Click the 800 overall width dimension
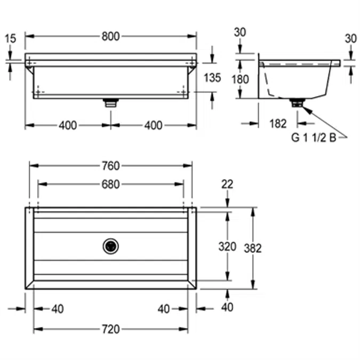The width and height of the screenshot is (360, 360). (110, 36)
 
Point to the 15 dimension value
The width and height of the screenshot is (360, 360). (10, 38)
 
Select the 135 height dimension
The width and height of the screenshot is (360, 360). (212, 78)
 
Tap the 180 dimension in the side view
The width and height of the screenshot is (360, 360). (240, 79)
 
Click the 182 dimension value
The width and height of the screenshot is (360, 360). (278, 124)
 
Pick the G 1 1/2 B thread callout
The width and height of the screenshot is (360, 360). (313, 137)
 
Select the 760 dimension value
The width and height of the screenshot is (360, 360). (110, 165)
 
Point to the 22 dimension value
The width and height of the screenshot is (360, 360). (227, 185)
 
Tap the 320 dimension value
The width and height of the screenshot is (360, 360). (228, 246)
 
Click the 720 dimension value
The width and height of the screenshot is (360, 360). (110, 329)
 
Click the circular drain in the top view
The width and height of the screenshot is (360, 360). (110, 246)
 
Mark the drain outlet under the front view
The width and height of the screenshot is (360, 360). (110, 102)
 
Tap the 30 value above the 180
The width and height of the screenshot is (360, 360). (240, 32)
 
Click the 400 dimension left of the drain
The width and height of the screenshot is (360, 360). (67, 125)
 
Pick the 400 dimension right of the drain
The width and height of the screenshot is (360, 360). (153, 125)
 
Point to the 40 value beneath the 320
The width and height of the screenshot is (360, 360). (228, 308)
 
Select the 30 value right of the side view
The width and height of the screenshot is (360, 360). (350, 38)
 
